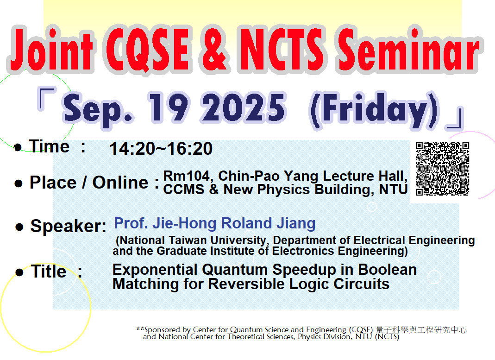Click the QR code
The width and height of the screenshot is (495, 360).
[x=442, y=168]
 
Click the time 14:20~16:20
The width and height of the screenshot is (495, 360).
[x=161, y=149]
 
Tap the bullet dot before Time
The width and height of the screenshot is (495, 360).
[x=18, y=148]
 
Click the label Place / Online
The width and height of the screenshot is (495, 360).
[x=88, y=183]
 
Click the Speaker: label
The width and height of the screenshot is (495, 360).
[x=68, y=226]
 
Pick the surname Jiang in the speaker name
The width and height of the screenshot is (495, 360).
[x=296, y=223]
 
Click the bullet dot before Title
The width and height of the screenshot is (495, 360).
[x=19, y=272]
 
